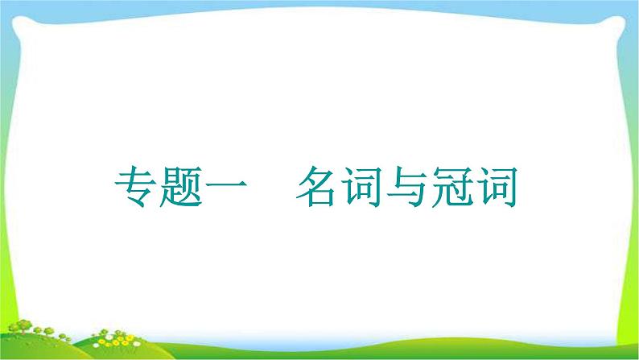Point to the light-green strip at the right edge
click(631, 161)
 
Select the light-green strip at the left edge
click(6, 161)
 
